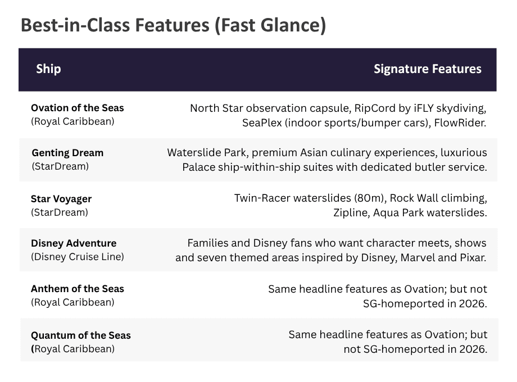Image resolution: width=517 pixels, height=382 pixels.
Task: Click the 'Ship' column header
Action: click(x=48, y=69)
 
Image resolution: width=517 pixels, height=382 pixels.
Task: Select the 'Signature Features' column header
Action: click(x=427, y=69)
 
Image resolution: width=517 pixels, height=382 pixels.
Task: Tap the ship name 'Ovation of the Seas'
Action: click(x=78, y=108)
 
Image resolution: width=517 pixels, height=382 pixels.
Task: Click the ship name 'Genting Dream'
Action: click(x=67, y=153)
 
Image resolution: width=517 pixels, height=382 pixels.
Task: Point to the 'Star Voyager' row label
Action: click(x=61, y=199)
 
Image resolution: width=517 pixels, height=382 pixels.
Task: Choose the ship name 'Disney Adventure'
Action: click(x=74, y=243)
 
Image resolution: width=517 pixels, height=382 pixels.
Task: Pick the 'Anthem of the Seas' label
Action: click(x=78, y=289)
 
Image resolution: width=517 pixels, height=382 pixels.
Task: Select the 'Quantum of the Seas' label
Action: click(x=81, y=335)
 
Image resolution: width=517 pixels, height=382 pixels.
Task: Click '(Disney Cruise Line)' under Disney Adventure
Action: click(x=78, y=257)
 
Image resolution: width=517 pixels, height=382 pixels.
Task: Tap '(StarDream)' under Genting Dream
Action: click(x=60, y=166)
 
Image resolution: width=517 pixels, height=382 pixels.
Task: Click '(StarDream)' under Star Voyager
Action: click(x=60, y=212)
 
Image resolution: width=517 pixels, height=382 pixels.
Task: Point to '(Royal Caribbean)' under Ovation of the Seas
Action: click(x=72, y=121)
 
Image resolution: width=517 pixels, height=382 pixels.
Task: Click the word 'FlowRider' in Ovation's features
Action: click(x=459, y=123)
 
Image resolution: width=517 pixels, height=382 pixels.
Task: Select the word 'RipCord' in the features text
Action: click(x=375, y=108)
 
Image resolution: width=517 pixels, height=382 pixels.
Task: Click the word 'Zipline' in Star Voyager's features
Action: click(x=351, y=213)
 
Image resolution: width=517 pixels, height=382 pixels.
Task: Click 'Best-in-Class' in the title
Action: click(x=75, y=25)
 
